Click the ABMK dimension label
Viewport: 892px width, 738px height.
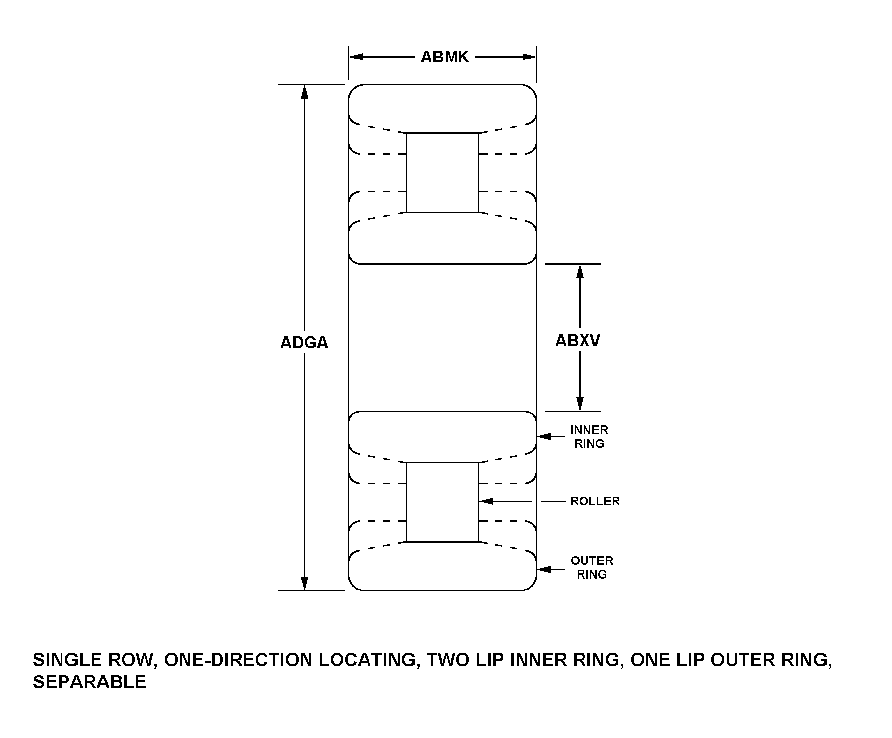pos(445,57)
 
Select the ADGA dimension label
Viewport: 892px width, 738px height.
pos(304,343)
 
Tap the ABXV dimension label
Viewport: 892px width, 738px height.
pos(578,340)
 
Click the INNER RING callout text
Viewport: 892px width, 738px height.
pos(589,437)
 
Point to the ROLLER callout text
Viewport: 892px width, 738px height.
pos(595,502)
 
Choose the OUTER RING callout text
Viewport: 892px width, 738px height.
pos(591,567)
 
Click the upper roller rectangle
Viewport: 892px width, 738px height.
pos(442,173)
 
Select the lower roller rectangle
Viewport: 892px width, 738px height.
pos(442,502)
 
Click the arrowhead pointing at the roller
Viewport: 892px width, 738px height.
pos(486,501)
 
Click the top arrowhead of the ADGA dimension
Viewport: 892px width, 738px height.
pos(305,91)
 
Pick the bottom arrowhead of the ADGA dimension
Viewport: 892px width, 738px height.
pos(305,583)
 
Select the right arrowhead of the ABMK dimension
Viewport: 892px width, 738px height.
pos(529,57)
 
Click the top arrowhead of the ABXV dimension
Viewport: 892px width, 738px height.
pos(580,271)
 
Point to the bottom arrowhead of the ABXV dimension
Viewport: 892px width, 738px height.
pos(580,404)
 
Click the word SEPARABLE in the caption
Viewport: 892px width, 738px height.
pos(90,682)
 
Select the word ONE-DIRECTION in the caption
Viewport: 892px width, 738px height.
pos(238,660)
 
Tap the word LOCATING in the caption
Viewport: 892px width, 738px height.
pos(369,660)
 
